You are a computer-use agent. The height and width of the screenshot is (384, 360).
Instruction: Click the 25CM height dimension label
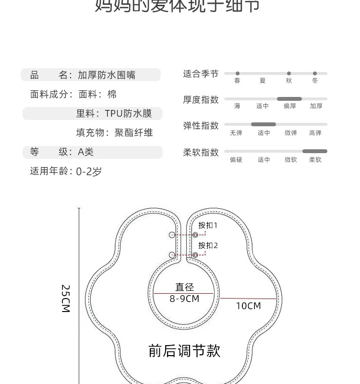(x=66, y=299)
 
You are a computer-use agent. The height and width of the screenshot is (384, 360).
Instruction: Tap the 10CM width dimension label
(x=248, y=306)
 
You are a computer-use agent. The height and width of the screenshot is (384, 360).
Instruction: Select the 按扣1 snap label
(x=208, y=225)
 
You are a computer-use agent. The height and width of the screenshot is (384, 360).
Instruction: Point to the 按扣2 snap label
(x=208, y=245)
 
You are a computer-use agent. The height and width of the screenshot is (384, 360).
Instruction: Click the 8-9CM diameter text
(x=184, y=299)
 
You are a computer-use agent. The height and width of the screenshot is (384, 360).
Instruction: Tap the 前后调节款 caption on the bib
(x=184, y=351)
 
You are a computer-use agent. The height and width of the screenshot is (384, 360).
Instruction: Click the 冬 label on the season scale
(x=315, y=81)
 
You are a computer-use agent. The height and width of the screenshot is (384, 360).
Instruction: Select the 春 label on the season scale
(x=237, y=81)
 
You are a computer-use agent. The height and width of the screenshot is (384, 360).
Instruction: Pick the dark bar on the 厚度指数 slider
(x=289, y=99)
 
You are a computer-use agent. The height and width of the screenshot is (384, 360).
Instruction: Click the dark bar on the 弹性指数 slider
(x=264, y=124)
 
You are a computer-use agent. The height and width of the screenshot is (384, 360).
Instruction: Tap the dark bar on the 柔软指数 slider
(x=315, y=151)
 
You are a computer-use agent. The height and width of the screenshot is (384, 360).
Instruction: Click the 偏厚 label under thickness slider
(x=290, y=106)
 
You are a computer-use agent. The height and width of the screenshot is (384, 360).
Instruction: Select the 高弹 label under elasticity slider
(x=315, y=133)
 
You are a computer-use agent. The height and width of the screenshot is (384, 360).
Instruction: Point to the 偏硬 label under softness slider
(x=236, y=160)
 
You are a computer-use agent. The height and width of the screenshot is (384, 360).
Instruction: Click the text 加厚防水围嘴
(x=107, y=75)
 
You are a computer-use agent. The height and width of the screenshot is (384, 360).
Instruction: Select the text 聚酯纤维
(x=133, y=133)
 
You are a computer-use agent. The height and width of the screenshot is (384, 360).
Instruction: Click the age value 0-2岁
(x=89, y=171)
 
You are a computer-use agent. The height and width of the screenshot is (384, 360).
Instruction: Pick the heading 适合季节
(x=201, y=73)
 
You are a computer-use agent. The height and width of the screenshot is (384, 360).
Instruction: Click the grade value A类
(x=86, y=152)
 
